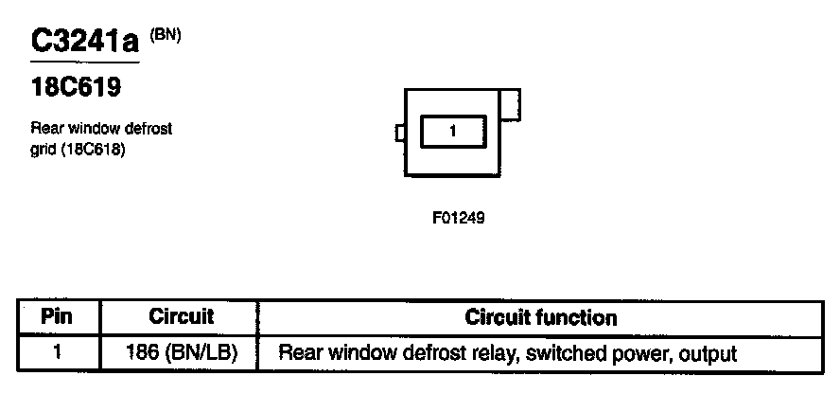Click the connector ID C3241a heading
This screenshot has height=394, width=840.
click(84, 42)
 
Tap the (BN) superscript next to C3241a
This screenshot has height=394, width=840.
click(166, 35)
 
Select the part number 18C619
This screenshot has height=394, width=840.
click(76, 87)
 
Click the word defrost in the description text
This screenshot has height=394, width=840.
click(149, 129)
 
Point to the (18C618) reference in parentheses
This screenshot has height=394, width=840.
click(94, 150)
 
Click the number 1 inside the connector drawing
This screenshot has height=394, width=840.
click(453, 131)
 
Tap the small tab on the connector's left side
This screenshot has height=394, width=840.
click(399, 133)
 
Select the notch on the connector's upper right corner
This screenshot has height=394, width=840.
click(510, 104)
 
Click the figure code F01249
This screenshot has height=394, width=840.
click(459, 218)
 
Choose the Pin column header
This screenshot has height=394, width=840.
click(57, 316)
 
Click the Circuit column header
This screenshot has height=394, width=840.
click(181, 316)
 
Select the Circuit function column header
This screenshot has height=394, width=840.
click(541, 317)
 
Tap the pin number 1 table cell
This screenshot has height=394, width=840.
click(57, 352)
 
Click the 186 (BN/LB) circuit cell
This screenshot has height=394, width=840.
click(182, 353)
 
